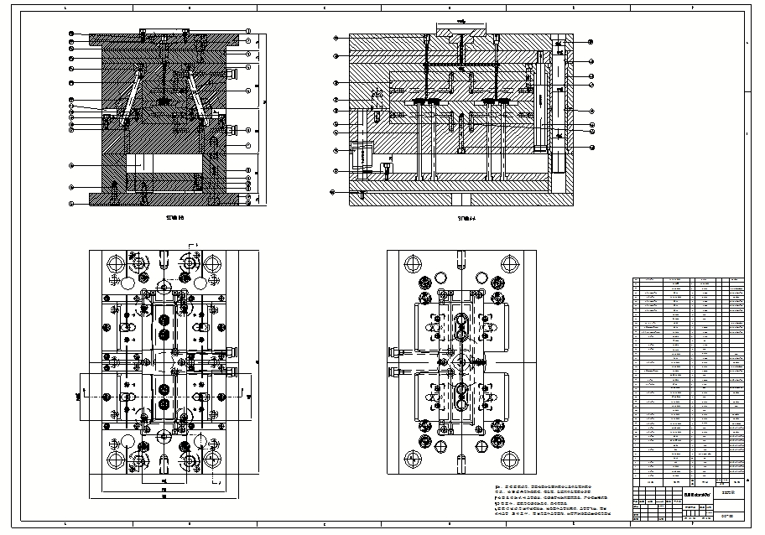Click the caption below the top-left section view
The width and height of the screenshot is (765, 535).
pyautogui.click(x=174, y=217)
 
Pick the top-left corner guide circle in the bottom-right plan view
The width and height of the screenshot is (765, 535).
pyautogui.click(x=411, y=262)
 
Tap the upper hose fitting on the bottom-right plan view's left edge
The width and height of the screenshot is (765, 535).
pyautogui.click(x=394, y=351)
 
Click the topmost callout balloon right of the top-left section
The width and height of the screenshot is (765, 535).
pyautogui.click(x=249, y=31)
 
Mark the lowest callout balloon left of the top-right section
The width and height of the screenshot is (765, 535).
pyautogui.click(x=334, y=192)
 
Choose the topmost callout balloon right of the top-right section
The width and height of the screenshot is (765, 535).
pyautogui.click(x=590, y=42)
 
